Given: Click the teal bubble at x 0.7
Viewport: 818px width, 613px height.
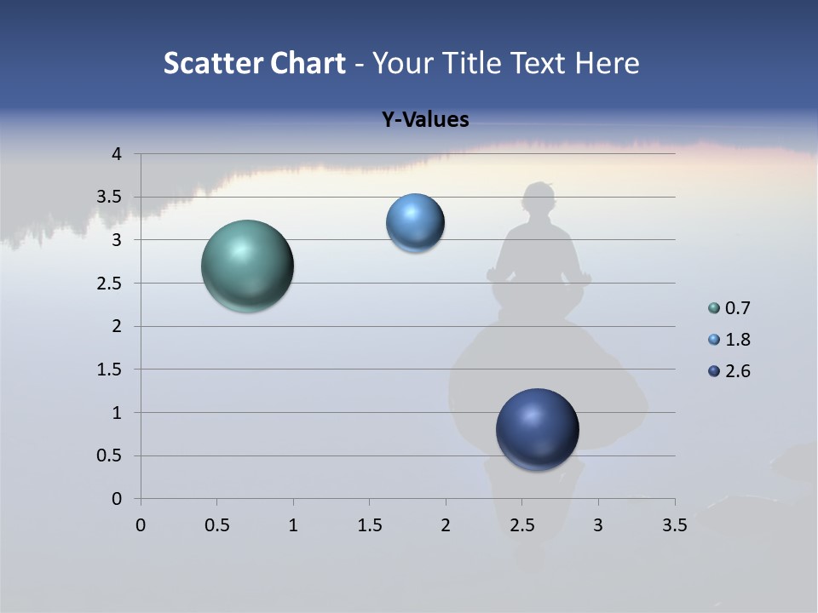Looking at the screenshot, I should pyautogui.click(x=247, y=266).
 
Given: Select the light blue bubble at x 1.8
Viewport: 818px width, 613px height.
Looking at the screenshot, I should pyautogui.click(x=415, y=223).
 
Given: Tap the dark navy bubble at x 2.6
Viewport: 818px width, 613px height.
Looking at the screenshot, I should pyautogui.click(x=537, y=429).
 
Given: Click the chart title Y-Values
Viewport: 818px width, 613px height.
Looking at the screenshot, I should pyautogui.click(x=424, y=120).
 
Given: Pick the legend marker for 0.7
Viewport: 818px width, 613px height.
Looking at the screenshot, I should pyautogui.click(x=714, y=308).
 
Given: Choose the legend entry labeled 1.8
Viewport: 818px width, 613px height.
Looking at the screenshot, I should pyautogui.click(x=737, y=340).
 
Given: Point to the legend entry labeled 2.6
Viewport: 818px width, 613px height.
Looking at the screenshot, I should pyautogui.click(x=737, y=371).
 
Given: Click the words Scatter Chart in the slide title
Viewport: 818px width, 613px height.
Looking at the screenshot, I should pyautogui.click(x=254, y=63).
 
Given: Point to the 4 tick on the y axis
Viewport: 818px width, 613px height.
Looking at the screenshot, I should pyautogui.click(x=117, y=154).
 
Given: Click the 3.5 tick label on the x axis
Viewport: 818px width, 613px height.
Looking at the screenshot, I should pyautogui.click(x=674, y=525).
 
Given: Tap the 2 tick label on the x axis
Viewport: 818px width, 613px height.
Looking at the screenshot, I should pyautogui.click(x=446, y=525).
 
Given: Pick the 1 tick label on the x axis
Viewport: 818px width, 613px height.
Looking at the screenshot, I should pyautogui.click(x=293, y=525).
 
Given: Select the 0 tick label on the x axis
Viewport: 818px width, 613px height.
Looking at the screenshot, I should pyautogui.click(x=141, y=525).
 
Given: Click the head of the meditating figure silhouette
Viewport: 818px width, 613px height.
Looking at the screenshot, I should pyautogui.click(x=539, y=203).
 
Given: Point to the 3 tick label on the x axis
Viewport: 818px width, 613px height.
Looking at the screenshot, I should pyautogui.click(x=598, y=525).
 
